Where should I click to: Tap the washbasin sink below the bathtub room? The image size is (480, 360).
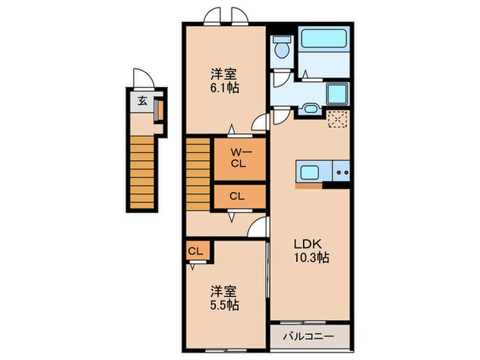(309, 108)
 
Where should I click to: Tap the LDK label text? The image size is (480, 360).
(308, 244)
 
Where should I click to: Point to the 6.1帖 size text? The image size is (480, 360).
(224, 88)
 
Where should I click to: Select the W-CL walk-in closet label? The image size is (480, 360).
(237, 158)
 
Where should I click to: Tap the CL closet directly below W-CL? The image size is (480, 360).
(237, 196)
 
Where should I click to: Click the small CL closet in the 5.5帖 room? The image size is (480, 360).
(195, 252)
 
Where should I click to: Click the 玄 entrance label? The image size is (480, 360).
(142, 101)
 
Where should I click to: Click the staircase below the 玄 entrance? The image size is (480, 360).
(141, 171)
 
